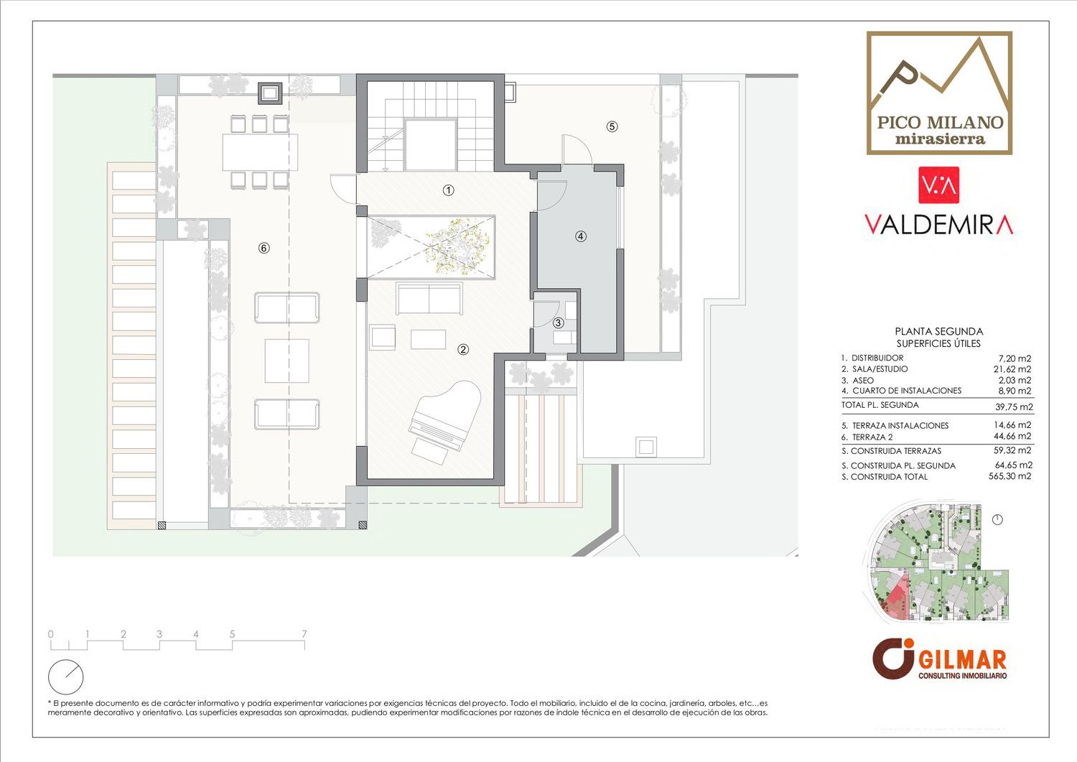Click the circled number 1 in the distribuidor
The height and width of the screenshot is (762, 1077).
[x=448, y=190]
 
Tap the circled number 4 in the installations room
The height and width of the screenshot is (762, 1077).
[x=581, y=236]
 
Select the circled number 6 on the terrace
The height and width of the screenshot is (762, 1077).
[x=264, y=248]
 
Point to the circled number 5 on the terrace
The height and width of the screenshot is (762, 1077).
[x=612, y=126]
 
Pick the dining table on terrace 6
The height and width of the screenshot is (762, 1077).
[x=260, y=152]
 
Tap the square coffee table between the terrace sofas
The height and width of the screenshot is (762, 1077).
[x=287, y=361]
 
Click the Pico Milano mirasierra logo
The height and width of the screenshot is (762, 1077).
[x=939, y=93]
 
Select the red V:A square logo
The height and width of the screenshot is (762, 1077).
[x=938, y=185]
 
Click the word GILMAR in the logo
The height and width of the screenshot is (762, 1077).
[x=962, y=659]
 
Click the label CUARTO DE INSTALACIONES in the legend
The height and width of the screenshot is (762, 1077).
[x=907, y=391]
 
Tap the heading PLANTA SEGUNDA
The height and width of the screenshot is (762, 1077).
[x=939, y=332]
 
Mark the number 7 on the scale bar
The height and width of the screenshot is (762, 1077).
[x=304, y=634]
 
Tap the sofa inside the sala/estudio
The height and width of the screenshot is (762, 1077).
[x=429, y=299]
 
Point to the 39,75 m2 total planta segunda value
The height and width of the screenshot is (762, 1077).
[x=1014, y=407]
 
